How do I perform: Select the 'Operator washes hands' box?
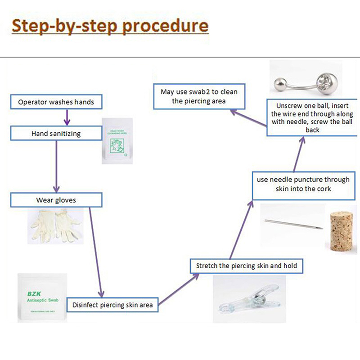56,102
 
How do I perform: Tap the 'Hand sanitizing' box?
56,133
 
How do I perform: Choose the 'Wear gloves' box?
56,200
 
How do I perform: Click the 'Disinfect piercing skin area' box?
112,305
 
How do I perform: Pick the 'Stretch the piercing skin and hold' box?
246,265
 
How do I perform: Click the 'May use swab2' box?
199,96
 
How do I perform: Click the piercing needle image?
292,223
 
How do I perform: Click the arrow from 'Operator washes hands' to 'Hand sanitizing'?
67,117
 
